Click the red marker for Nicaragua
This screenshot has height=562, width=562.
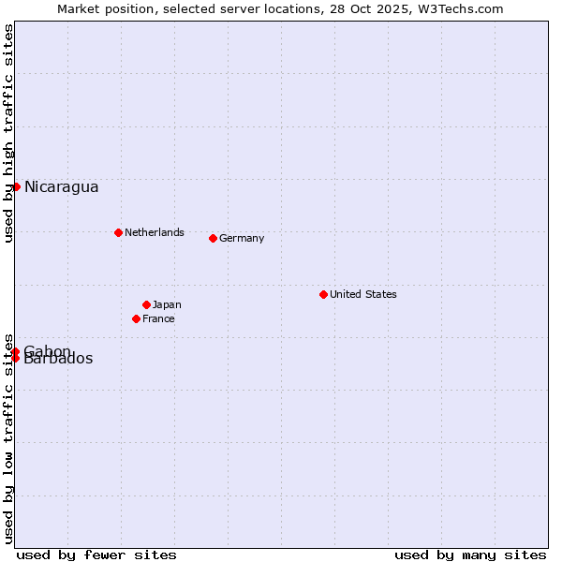pos(16,186)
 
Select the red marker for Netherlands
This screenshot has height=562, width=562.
pos(118,232)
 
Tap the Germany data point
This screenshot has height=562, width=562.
pos(213,238)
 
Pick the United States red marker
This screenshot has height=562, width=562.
pos(323,294)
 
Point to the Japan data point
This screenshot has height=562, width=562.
pos(146,304)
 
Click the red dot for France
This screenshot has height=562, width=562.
pos(136,318)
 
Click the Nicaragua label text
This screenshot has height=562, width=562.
pos(61,187)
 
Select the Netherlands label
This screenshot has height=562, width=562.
pos(154,232)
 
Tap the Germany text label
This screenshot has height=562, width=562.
pos(242,238)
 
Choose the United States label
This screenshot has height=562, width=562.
pos(362,294)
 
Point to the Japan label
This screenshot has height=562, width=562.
pos(167,304)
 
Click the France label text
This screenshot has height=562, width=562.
pos(158,318)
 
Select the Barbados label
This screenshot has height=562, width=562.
pos(58,359)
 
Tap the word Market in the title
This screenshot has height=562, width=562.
pos(79,8)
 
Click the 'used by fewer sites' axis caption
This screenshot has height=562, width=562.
pos(96,555)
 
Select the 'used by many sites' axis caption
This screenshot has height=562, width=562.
pos(470,555)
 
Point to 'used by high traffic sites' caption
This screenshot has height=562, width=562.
pos(8,133)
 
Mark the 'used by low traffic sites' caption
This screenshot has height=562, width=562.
pos(8,437)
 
